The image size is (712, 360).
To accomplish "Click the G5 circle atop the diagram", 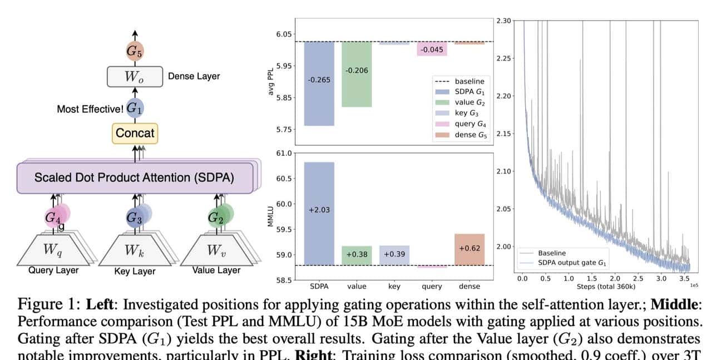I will click(135, 52).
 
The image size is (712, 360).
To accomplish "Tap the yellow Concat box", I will click(135, 133).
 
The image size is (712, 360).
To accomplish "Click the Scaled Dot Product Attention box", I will click(134, 177).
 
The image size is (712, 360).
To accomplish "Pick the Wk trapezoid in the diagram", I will click(134, 250).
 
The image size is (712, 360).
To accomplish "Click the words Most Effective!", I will click(90, 109).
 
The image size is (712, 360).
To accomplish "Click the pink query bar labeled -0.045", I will click(432, 49).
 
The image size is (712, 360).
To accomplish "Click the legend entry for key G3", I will click(465, 113).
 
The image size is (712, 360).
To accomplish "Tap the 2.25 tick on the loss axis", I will click(502, 58).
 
